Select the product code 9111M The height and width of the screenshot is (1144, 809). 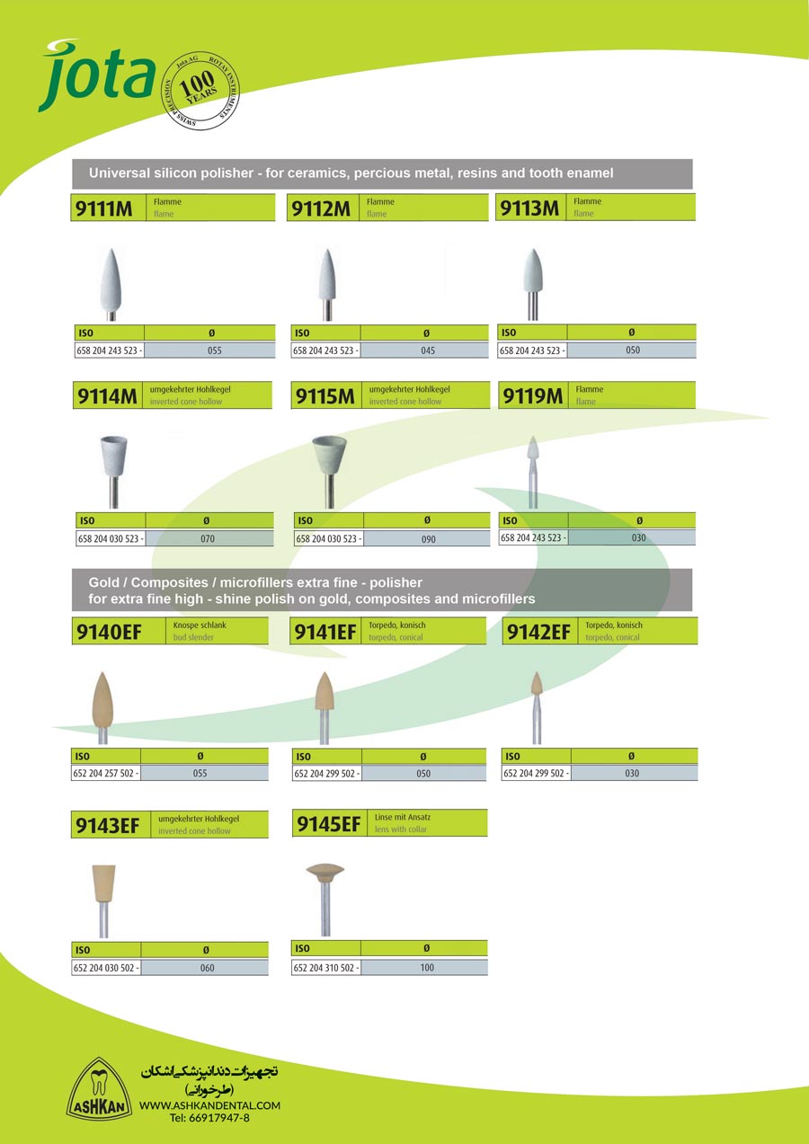[x=103, y=209]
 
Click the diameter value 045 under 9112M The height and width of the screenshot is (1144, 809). [x=427, y=350]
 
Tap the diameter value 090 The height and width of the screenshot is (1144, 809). [x=428, y=539]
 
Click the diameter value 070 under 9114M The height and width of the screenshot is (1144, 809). [x=208, y=538]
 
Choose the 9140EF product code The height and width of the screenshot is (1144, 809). [x=108, y=633]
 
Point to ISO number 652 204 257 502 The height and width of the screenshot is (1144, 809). [x=105, y=773]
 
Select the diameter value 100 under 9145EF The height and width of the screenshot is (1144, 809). [x=426, y=968]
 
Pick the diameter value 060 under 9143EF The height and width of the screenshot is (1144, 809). [x=207, y=968]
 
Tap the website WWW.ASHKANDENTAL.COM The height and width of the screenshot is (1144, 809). [x=209, y=1105]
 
